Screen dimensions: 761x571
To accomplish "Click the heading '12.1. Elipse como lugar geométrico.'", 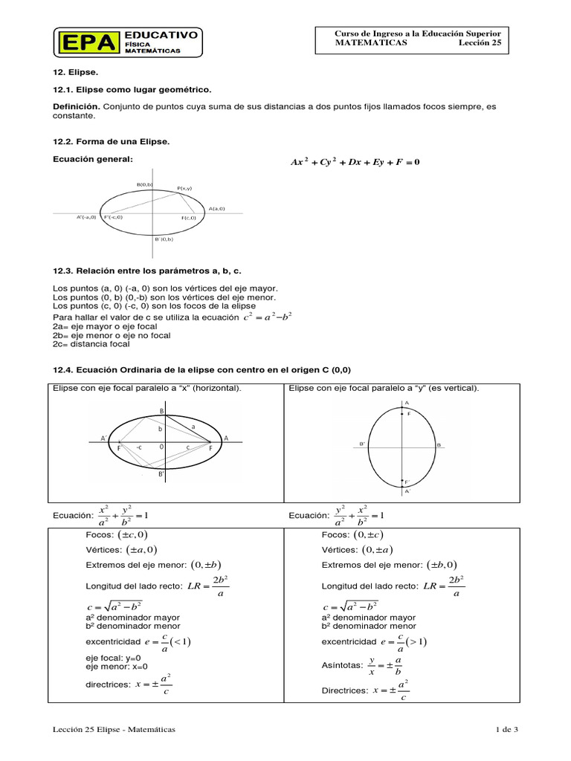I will [x=132, y=89].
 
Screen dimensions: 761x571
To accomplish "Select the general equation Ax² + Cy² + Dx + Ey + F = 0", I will [x=355, y=162].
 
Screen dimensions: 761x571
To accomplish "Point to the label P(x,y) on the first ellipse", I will [x=184, y=189].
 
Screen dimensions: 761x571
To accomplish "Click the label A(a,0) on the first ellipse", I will [x=216, y=209].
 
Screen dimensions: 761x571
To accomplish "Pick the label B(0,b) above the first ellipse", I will [x=144, y=184].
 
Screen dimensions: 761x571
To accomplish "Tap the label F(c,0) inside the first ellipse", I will [x=189, y=218].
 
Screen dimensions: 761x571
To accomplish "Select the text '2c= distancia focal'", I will [x=91, y=344].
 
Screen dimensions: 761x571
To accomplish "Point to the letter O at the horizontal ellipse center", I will [x=161, y=447].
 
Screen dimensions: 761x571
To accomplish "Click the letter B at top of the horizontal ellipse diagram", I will [x=161, y=411].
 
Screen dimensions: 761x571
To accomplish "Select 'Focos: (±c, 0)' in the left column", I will [x=117, y=534].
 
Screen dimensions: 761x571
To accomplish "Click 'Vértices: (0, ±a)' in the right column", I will [x=352, y=550].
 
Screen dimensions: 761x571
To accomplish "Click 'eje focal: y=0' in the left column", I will [x=113, y=658].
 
